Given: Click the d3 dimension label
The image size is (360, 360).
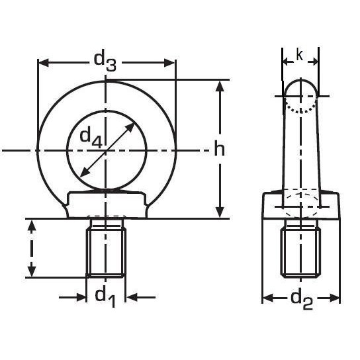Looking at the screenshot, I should point(105,61).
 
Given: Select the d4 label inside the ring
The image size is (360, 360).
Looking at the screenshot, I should point(91,138).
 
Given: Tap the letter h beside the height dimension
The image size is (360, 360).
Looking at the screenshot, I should point(220,150).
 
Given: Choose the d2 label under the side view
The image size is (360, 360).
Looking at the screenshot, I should point(301,299).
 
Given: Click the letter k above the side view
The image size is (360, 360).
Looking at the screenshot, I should point(299,56).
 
